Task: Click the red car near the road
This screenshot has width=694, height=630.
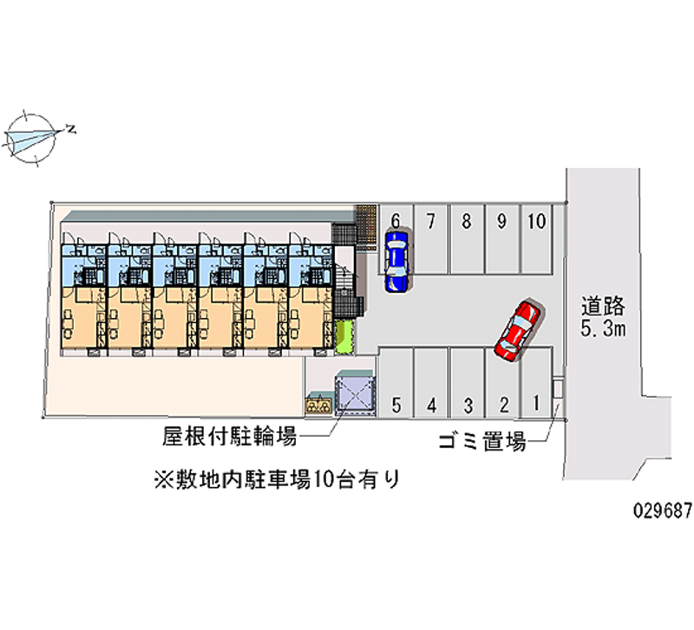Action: [517, 329]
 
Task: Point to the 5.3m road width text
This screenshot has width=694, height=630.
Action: [604, 329]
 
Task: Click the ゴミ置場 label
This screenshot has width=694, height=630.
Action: [482, 443]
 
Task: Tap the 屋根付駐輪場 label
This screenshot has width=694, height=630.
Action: [230, 436]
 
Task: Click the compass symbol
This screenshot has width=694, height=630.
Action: [33, 135]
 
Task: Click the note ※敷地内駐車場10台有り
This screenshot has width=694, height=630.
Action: [276, 478]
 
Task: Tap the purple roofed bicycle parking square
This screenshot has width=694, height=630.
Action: [355, 393]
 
